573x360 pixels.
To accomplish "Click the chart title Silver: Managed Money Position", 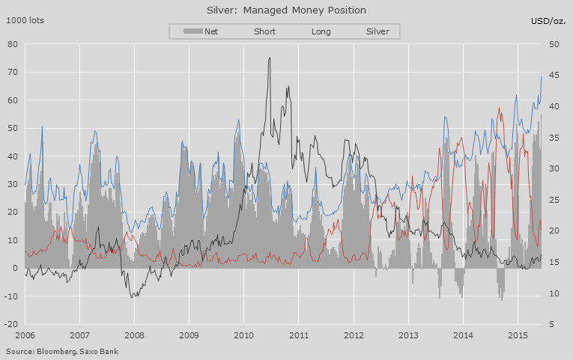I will coord(286,10).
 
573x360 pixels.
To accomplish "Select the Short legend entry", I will coord(264,31).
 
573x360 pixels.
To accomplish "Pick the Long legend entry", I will coord(320,31).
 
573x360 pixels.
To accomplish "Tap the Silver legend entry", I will coord(378,31).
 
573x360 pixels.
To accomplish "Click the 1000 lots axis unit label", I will coord(25,20).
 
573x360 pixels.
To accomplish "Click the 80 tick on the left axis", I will coord(13,44).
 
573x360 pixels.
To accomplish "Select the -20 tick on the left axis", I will coord(10,324).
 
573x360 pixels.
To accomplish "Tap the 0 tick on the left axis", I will coord(15,268).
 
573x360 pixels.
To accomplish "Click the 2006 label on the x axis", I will coord(25,336).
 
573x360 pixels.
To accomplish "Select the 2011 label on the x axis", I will coord(299,336).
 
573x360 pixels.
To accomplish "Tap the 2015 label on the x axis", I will coord(518,336).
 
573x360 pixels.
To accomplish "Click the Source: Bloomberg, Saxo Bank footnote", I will coord(61,350).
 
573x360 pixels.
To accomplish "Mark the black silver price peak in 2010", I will coord(270,58).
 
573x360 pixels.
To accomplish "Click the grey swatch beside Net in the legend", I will coord(192,31).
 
